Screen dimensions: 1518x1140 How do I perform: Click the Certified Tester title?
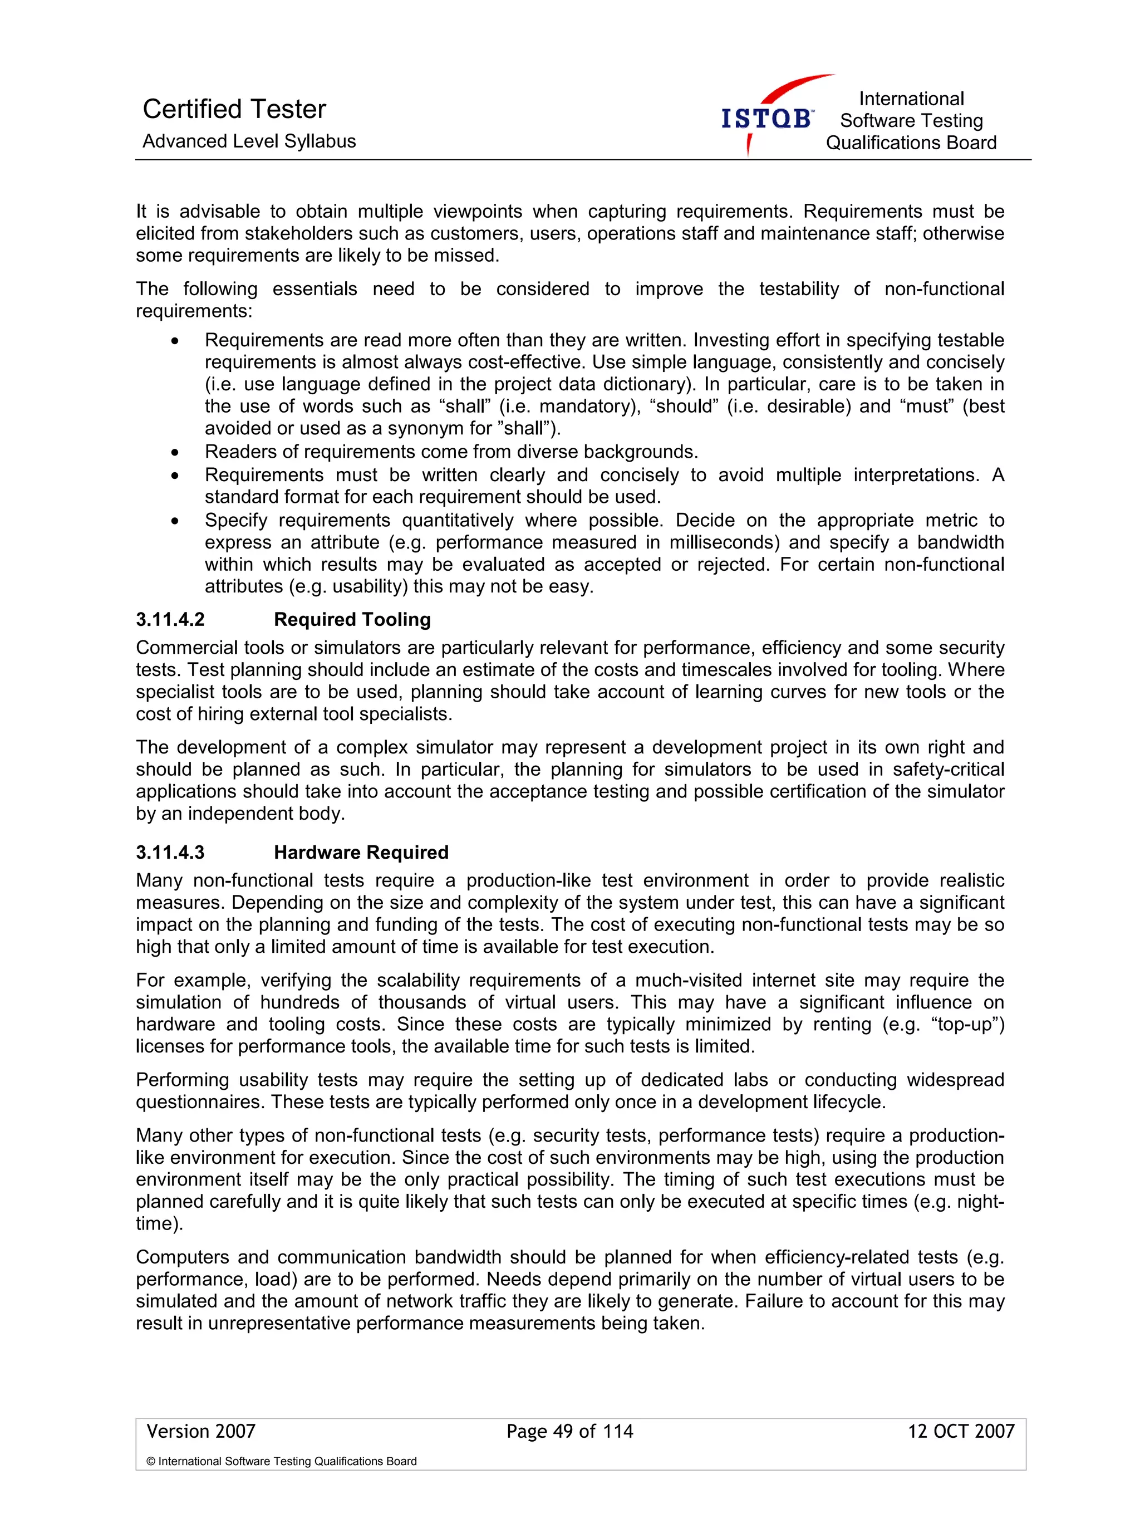tap(234, 109)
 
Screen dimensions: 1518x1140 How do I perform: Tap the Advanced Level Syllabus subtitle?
tap(249, 141)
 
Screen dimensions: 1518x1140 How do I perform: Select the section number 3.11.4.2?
tap(170, 620)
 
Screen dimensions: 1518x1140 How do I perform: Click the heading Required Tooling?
tap(352, 620)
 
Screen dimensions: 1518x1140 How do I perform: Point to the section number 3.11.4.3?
tap(170, 853)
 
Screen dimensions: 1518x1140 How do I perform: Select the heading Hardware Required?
tap(361, 853)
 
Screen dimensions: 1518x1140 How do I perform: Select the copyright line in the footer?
tap(281, 1461)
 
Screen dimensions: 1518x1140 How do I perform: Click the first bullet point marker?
tap(175, 341)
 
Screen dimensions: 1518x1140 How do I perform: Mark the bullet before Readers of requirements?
tap(175, 452)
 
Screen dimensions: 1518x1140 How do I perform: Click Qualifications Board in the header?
tap(910, 143)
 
